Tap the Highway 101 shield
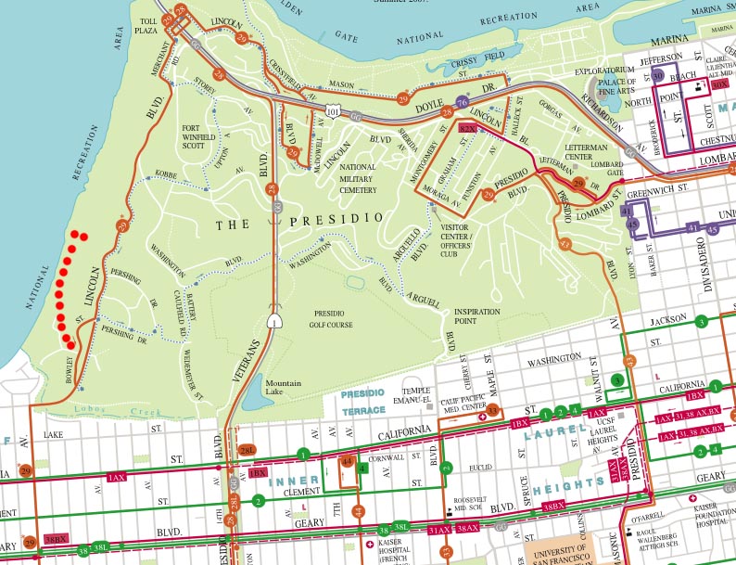pyautogui.click(x=332, y=110)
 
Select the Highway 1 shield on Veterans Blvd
pyautogui.click(x=274, y=321)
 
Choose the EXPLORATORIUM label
pyautogui.click(x=604, y=71)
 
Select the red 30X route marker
pyautogui.click(x=719, y=84)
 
